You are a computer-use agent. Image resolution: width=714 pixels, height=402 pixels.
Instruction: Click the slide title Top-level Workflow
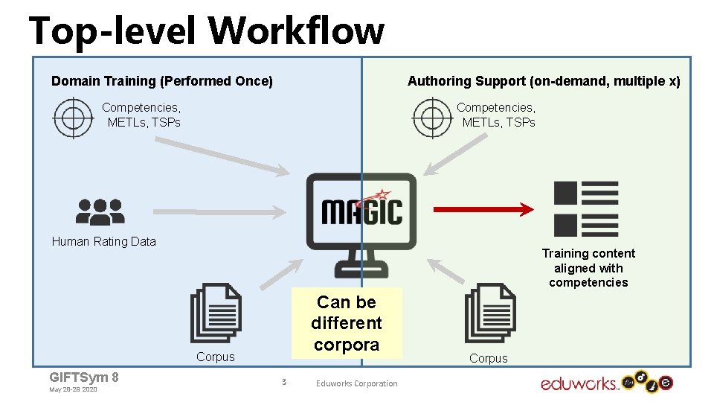(x=207, y=31)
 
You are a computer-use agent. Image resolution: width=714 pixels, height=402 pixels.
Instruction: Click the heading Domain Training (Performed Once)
(x=161, y=81)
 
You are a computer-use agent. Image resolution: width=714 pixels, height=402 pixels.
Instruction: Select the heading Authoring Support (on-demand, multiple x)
(x=543, y=81)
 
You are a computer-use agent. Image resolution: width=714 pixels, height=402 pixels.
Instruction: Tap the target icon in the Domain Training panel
(x=72, y=117)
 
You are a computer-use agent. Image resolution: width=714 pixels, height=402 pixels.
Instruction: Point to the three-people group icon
(x=100, y=211)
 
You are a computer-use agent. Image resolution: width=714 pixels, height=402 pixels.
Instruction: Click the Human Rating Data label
(x=103, y=241)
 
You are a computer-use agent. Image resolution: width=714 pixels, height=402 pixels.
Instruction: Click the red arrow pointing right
(x=483, y=210)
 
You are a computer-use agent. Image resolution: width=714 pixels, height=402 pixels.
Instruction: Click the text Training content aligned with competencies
(x=588, y=268)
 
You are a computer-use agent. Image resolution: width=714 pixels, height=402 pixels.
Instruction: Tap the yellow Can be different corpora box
(x=346, y=323)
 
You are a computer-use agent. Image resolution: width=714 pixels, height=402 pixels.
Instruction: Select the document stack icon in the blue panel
(x=216, y=313)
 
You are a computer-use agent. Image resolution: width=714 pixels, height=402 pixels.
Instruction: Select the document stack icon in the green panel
(x=489, y=313)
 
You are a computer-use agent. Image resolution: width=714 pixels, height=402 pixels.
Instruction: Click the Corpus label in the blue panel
(x=215, y=357)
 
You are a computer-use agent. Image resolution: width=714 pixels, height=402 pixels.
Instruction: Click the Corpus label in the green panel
(x=488, y=358)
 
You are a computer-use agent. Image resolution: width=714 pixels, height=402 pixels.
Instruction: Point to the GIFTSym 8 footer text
(x=83, y=377)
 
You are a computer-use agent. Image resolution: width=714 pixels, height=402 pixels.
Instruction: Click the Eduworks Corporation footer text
(x=356, y=383)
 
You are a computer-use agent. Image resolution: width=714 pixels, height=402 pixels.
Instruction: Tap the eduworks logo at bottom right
(x=606, y=383)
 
